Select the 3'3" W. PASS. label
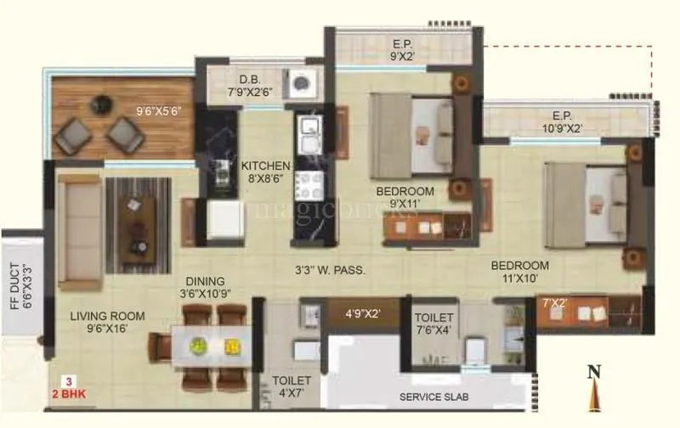pos(329,271)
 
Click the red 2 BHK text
pos(72,393)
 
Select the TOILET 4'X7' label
pos(292,387)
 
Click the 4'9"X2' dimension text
pos(362,313)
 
